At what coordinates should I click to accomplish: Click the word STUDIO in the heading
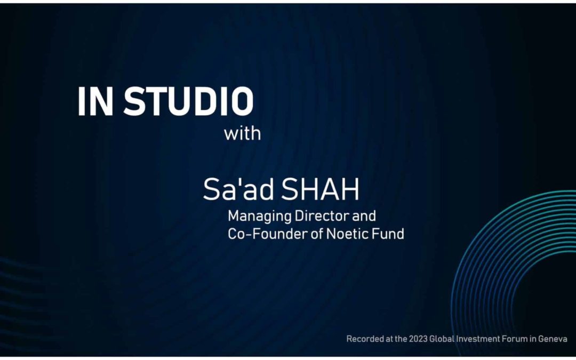[x=189, y=101]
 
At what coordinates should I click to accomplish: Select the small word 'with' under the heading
[x=242, y=133]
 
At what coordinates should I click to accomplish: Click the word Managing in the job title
[x=253, y=217]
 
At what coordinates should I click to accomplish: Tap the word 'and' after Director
[x=364, y=216]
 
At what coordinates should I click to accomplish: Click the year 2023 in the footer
[x=418, y=339]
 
